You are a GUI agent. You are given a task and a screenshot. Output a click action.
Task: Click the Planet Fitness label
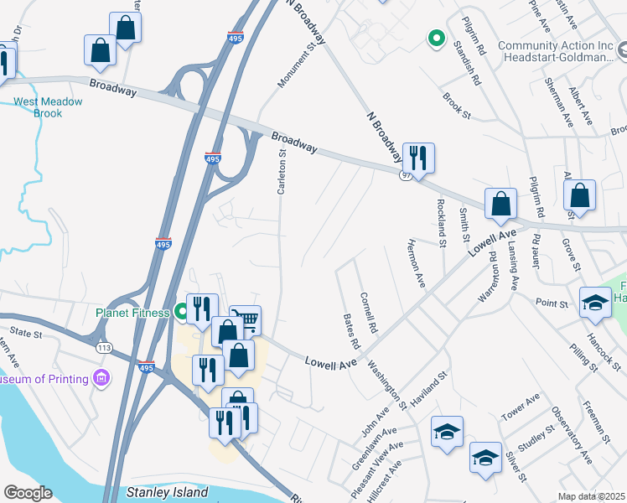pos(132,313)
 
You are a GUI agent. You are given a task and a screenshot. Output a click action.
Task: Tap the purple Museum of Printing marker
pos(103,378)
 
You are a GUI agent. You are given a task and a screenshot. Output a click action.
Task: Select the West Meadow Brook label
pos(49,107)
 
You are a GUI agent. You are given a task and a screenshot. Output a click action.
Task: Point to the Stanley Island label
pos(167,492)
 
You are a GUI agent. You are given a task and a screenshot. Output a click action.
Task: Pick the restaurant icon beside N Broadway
pos(418,157)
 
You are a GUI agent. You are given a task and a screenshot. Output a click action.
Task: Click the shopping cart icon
pos(246,319)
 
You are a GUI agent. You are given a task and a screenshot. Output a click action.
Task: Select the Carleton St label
pos(282,171)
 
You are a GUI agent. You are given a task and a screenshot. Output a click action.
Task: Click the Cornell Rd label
pos(370,310)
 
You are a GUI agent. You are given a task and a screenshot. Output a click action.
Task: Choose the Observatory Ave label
pos(573,436)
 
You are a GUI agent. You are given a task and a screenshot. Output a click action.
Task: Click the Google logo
pos(27,492)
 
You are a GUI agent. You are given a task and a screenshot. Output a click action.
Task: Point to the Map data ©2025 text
pos(591,496)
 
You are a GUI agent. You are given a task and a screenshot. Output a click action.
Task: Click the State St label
pos(26,334)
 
